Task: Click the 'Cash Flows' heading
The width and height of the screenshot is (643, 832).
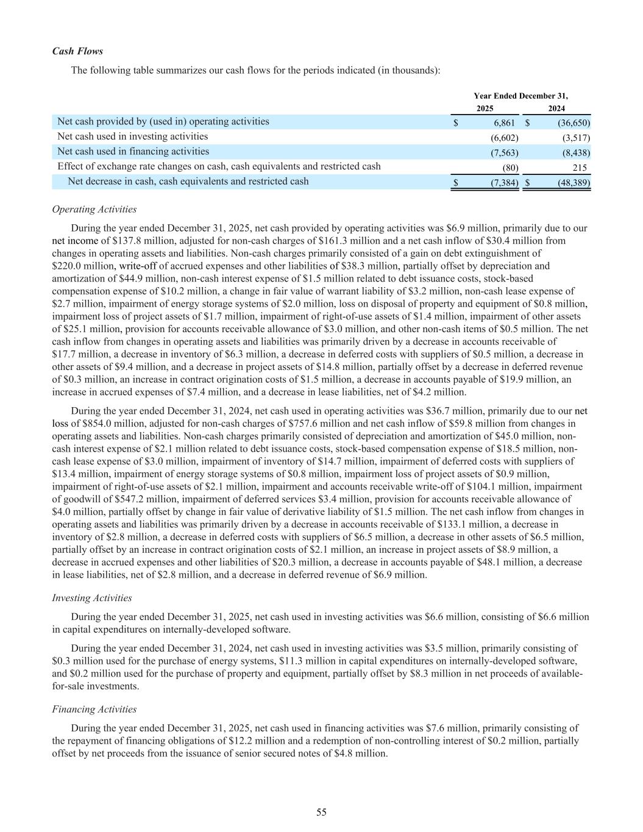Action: (x=77, y=51)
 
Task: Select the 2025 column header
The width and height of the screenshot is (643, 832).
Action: (x=485, y=108)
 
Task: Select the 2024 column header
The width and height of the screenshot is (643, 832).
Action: (x=556, y=108)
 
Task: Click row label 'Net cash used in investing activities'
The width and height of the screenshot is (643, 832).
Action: (x=132, y=137)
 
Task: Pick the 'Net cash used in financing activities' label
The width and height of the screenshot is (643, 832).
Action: (x=133, y=151)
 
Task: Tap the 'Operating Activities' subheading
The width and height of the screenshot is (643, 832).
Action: (x=94, y=210)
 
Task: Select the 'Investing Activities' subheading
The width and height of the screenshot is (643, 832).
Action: (x=92, y=598)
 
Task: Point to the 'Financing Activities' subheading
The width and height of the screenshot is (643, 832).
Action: (x=94, y=709)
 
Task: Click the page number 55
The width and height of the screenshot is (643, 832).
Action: (x=321, y=812)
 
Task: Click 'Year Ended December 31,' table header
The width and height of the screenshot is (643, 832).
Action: (x=520, y=96)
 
